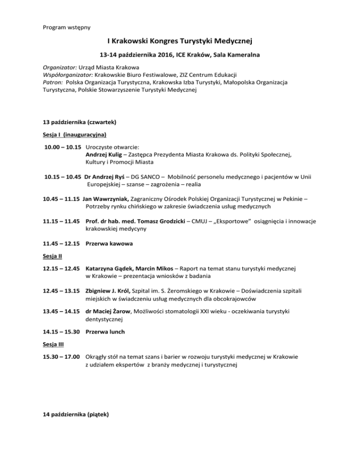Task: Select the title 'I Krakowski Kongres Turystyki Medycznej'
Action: click(180, 43)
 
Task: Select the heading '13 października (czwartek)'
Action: click(80, 122)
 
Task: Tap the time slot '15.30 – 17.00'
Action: click(61, 357)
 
